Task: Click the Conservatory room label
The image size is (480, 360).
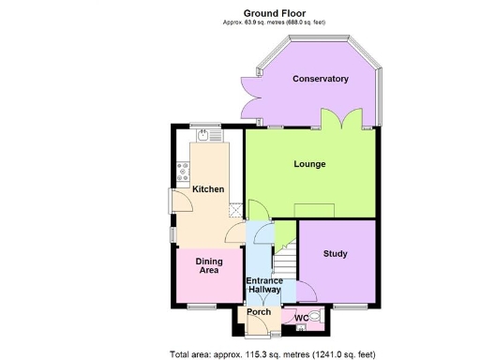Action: [x=321, y=79]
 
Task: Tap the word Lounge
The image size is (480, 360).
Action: [x=309, y=164]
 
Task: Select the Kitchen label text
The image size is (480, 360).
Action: [x=208, y=189]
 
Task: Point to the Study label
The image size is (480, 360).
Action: [x=336, y=254]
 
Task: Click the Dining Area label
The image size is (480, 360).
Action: [x=208, y=265]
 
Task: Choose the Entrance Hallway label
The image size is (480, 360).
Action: [x=264, y=286]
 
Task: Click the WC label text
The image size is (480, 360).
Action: [x=301, y=320]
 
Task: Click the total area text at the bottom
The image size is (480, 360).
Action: [x=272, y=354]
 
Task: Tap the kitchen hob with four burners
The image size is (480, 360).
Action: [x=182, y=172]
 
